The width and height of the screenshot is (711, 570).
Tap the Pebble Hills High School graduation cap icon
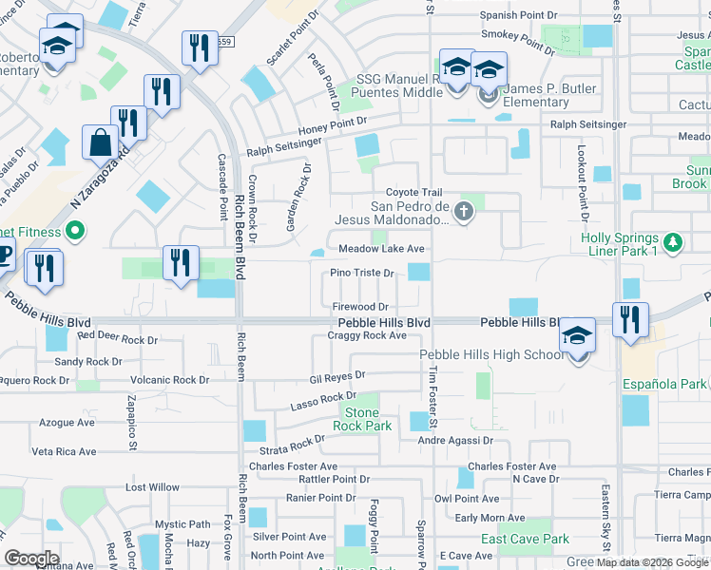coord(577,336)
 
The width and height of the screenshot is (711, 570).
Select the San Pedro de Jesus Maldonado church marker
coord(464,211)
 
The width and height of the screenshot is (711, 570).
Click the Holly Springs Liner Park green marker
coord(673,242)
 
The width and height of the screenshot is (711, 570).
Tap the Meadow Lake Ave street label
coord(381,249)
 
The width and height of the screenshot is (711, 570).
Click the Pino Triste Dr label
coord(362,273)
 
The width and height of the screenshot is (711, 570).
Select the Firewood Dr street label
coord(360,307)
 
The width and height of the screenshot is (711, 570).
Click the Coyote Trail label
coord(413,193)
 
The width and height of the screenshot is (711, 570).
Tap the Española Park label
coord(666,384)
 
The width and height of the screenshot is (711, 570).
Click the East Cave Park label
coord(525,539)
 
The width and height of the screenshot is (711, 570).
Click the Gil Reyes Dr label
coord(337,377)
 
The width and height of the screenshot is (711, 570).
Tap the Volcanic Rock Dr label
coord(170,380)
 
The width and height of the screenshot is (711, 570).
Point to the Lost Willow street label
coord(152,487)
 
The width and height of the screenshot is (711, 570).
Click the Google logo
coord(31,559)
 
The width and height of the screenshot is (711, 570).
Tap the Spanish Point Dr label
coord(518,15)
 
